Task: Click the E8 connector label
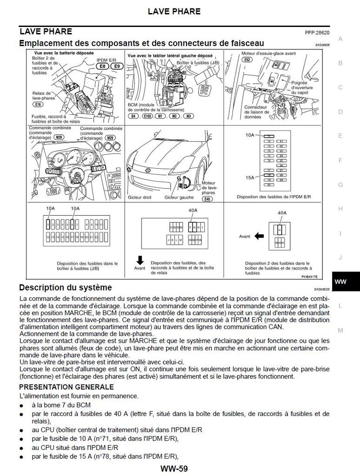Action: (103, 66)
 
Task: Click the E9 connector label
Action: (116, 66)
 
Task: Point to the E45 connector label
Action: (208, 199)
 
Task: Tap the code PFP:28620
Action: (317, 33)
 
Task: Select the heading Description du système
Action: (65, 288)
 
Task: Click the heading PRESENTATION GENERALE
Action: (67, 387)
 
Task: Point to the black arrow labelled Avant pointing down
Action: (140, 260)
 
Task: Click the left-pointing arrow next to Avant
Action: (259, 236)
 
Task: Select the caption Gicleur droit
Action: (140, 198)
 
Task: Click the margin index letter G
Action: (340, 185)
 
